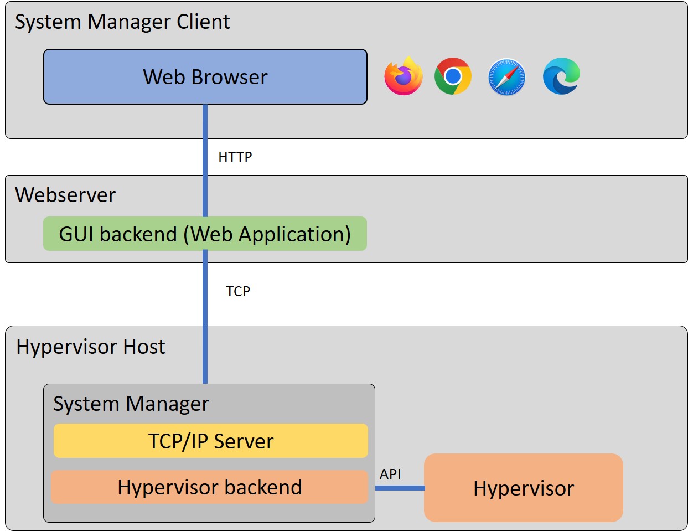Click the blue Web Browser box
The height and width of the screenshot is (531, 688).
205,76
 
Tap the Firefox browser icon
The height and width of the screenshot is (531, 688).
404,76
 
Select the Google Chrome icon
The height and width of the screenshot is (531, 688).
453,76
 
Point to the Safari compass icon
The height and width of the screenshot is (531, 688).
506,77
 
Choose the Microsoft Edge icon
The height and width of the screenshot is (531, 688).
561,76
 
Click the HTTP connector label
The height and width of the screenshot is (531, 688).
235,157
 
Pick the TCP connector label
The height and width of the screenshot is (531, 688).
238,291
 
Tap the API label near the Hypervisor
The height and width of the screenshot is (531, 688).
390,474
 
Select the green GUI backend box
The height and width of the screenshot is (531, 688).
205,234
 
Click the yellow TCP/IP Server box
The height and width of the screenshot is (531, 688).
210,441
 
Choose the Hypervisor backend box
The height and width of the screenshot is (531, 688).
209,487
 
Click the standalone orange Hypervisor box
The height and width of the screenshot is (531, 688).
523,488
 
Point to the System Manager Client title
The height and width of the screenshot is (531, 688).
122,22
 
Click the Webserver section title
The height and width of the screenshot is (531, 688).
65,195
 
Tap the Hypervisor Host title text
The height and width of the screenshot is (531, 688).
91,347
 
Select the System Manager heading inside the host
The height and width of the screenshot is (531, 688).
131,404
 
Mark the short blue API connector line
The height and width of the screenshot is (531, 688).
400,488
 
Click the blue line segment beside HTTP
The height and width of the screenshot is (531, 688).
205,157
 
